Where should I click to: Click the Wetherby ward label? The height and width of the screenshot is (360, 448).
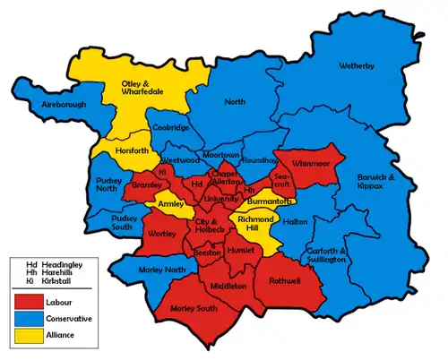coord(357,66)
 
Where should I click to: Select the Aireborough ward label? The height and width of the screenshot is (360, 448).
coord(48,105)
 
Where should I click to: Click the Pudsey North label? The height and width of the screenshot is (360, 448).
coord(108,184)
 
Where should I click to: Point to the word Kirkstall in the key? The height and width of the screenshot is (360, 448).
coord(58,280)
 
